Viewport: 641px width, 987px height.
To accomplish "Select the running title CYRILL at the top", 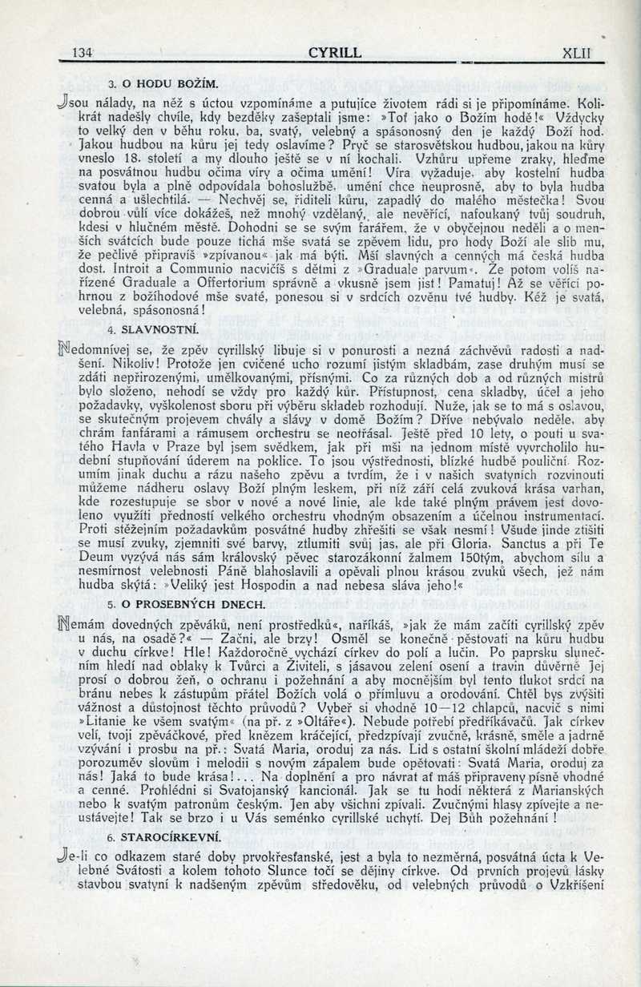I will pyautogui.click(x=334, y=53).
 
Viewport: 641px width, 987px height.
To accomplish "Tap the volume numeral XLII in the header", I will pyautogui.click(x=576, y=53).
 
